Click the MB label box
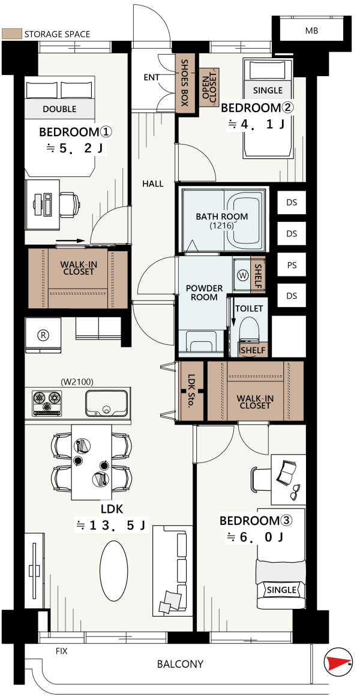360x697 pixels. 311,31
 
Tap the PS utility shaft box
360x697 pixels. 291,265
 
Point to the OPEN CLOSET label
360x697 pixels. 209,87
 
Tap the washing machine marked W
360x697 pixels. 242,275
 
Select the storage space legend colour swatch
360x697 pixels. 12,34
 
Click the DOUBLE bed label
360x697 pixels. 59,109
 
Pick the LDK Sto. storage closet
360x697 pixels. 191,390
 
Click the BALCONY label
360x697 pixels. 180,664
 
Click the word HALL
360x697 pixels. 153,184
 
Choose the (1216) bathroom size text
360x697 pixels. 222,226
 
